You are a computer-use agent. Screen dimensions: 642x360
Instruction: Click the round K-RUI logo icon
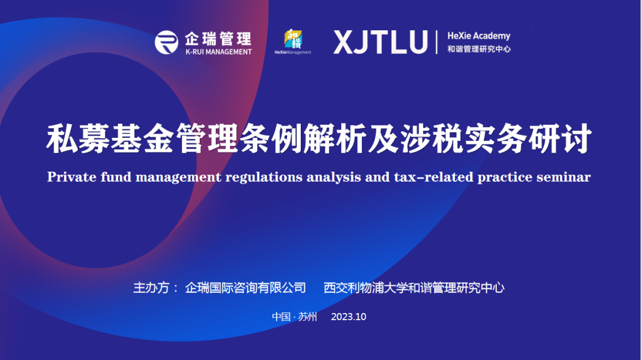(166, 42)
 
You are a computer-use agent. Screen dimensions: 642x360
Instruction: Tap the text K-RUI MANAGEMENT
(219, 52)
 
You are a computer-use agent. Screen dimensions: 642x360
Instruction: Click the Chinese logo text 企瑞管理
(218, 39)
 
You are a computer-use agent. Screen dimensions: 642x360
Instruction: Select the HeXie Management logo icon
(292, 42)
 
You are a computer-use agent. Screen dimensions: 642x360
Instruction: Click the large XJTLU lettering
(381, 42)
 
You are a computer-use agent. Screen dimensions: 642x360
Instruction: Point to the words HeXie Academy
(479, 36)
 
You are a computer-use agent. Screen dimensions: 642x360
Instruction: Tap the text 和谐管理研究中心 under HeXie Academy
(479, 49)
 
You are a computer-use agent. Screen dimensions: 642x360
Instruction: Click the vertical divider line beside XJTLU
(436, 42)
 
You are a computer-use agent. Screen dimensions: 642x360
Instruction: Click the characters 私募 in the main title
(78, 138)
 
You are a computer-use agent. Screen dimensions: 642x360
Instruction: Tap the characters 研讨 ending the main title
(560, 138)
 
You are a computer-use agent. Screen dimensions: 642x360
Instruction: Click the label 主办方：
(156, 288)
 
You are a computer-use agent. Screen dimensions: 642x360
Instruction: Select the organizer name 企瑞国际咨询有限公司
(246, 288)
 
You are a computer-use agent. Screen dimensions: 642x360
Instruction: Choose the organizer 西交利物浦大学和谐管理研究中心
(414, 288)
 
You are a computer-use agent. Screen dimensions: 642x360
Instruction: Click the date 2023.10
(348, 317)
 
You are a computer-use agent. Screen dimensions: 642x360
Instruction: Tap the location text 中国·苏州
(294, 317)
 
